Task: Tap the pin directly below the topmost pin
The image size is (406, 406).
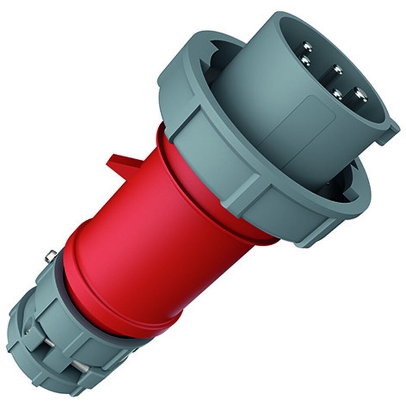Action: click(x=304, y=61)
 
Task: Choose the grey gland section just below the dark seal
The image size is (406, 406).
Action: click(x=73, y=309)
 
